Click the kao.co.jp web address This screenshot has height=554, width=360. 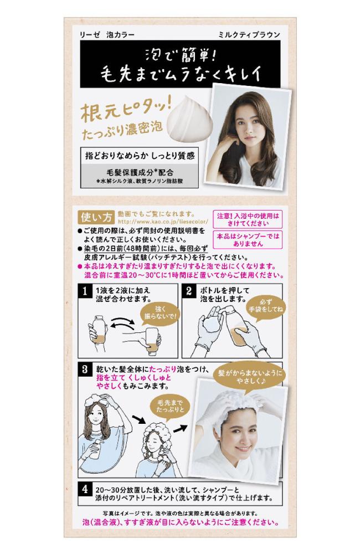click(x=163, y=222)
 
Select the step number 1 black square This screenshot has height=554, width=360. click(x=84, y=291)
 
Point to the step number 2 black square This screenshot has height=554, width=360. click(x=188, y=291)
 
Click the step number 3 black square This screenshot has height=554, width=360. click(x=84, y=370)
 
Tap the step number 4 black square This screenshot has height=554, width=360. click(x=85, y=489)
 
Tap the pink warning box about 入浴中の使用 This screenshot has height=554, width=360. click(x=248, y=219)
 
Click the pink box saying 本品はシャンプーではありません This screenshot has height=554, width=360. click(x=248, y=239)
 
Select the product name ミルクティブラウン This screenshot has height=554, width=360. click(x=249, y=34)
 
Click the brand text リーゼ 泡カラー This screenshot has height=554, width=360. click(x=107, y=34)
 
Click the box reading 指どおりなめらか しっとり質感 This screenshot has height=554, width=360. click(x=140, y=156)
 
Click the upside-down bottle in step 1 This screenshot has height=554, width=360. click(x=153, y=341)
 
